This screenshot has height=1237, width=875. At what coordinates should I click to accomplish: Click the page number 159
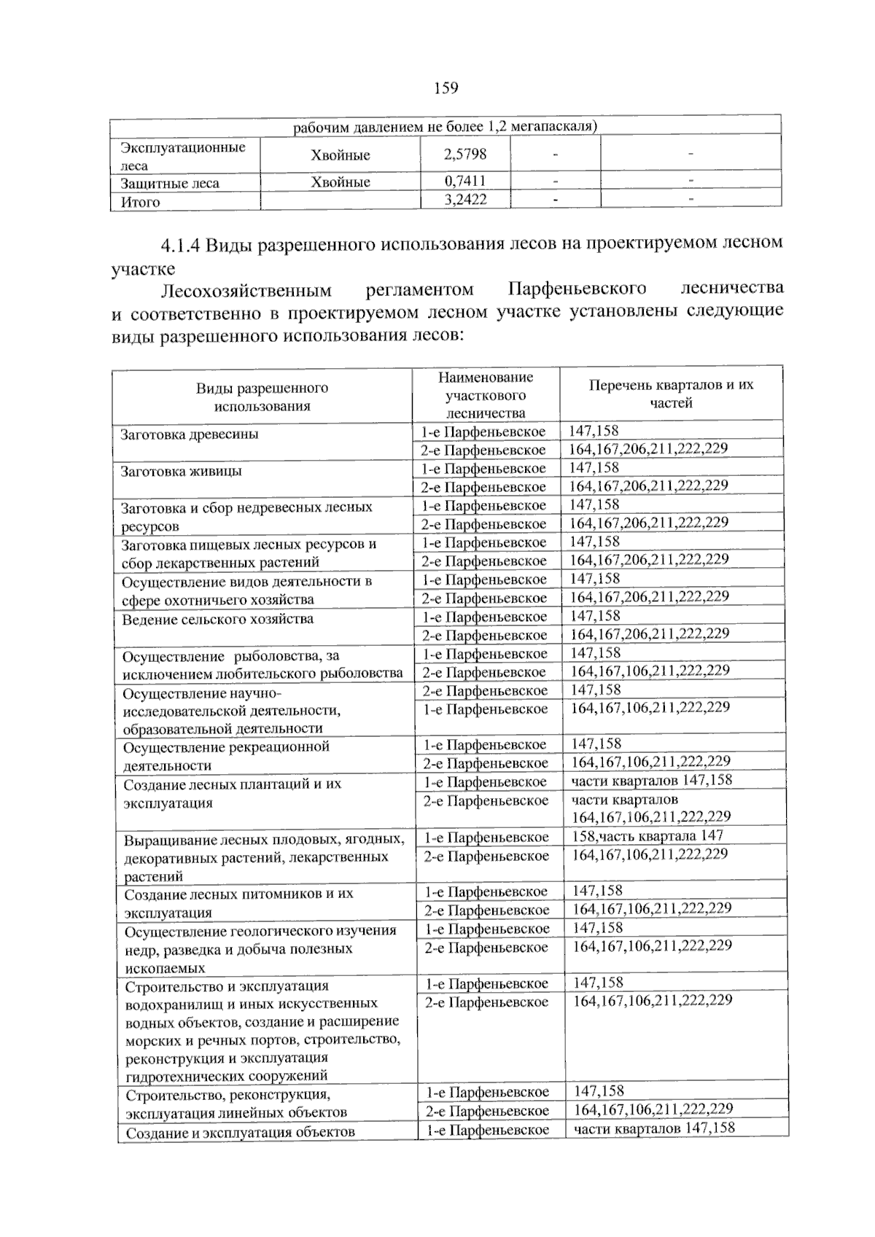446,88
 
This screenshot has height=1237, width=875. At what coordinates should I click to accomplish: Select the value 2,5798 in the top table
465,155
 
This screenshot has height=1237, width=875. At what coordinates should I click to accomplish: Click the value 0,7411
465,181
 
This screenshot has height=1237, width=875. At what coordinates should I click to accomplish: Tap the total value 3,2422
465,200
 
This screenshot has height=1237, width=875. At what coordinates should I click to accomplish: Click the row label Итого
140,203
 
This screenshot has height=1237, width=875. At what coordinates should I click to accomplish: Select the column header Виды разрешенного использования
262,397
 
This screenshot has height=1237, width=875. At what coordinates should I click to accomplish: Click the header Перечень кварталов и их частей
671,394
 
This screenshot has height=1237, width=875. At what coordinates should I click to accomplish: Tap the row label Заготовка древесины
190,434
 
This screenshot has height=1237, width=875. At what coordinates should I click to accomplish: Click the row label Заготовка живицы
182,471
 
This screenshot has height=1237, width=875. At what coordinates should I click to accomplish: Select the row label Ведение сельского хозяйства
217,619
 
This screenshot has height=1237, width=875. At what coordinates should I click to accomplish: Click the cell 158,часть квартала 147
647,836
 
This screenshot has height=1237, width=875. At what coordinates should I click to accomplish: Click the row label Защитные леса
170,183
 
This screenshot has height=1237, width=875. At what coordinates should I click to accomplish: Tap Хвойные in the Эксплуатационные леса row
340,155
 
